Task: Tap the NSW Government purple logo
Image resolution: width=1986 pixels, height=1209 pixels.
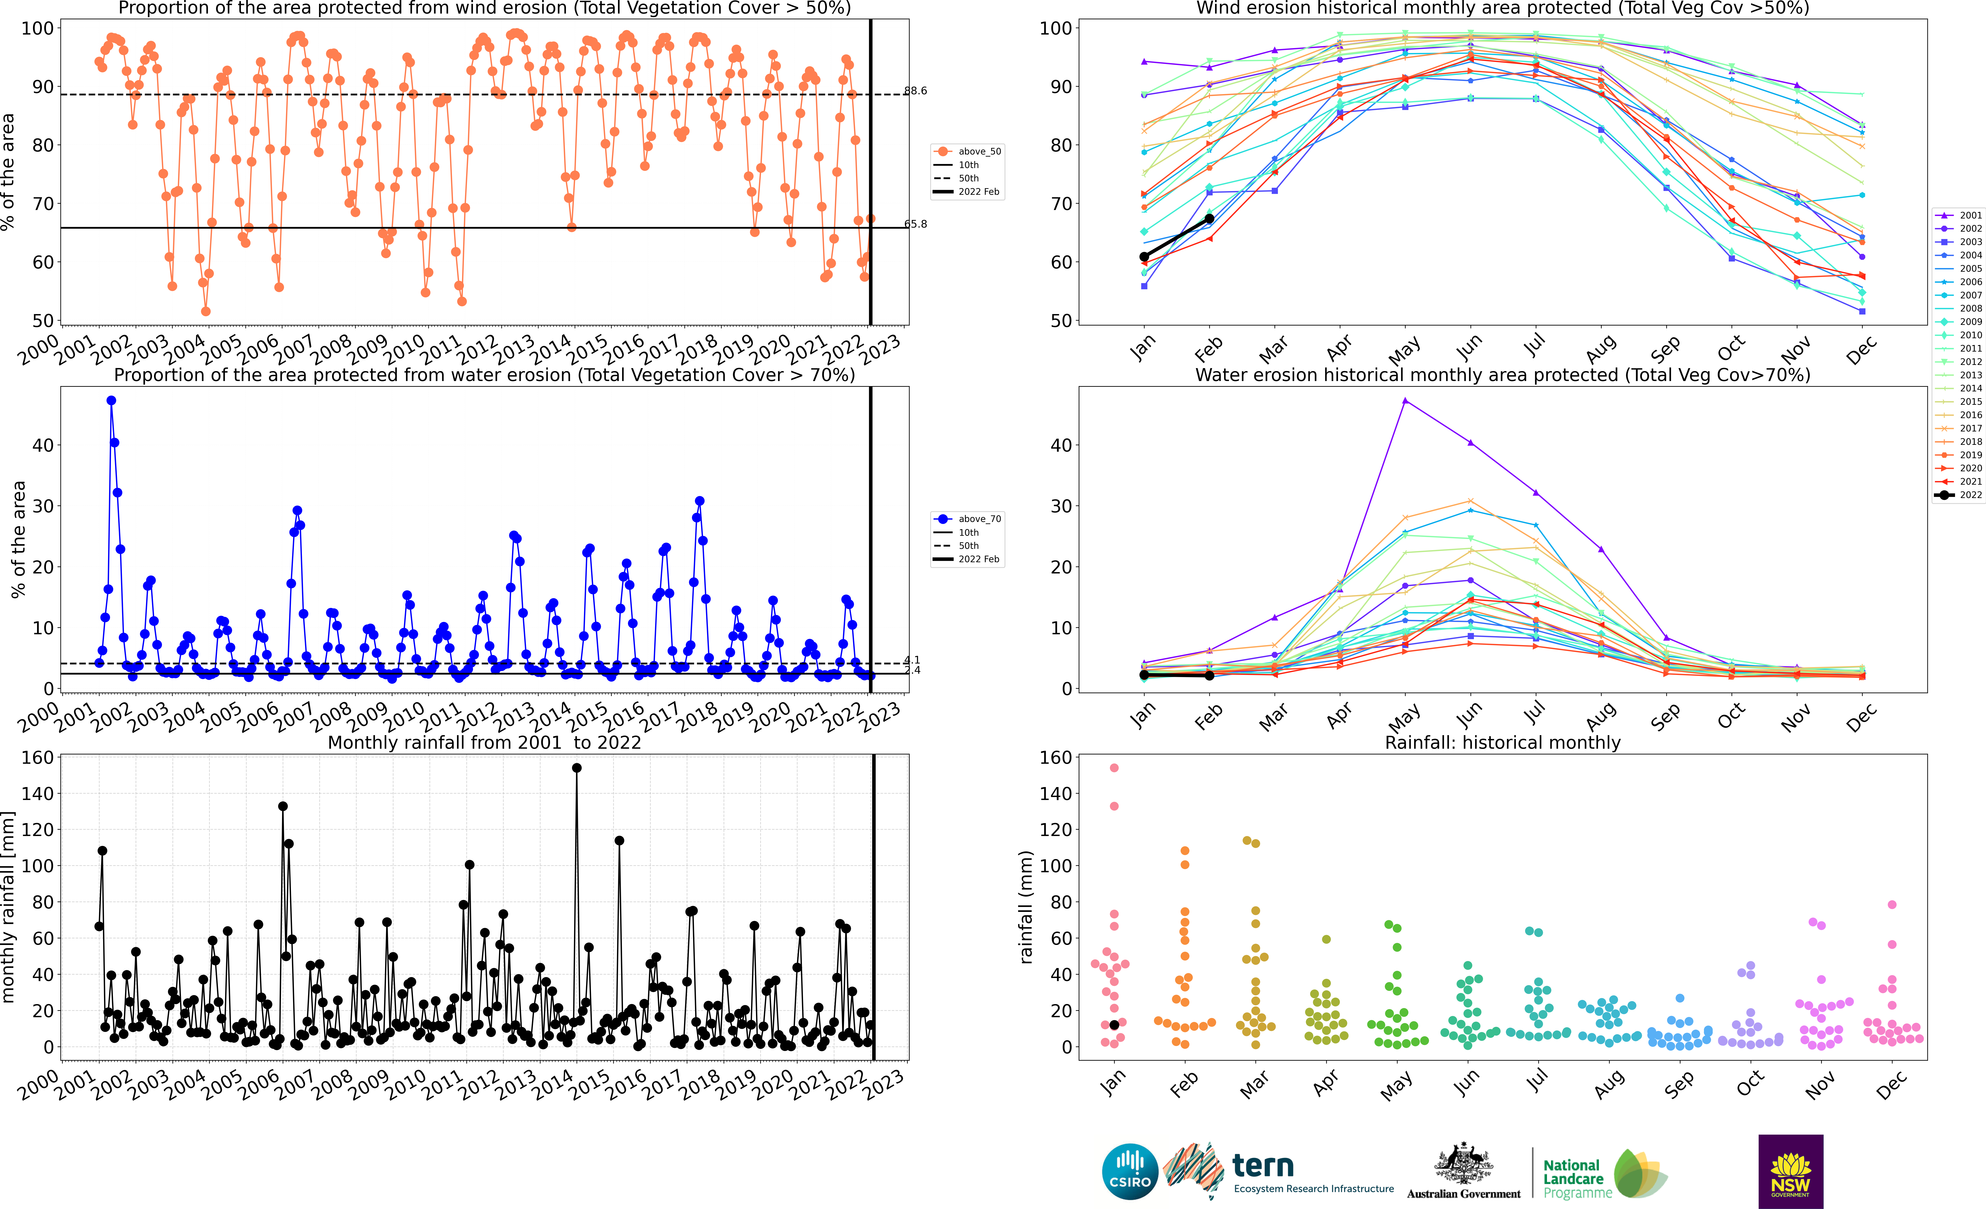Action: coord(1790,1171)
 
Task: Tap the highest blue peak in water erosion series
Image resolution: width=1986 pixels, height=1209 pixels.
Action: coord(111,401)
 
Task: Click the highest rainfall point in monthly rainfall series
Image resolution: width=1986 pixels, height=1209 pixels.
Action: coord(576,768)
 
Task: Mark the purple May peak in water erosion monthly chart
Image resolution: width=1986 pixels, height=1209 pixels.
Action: coord(1405,401)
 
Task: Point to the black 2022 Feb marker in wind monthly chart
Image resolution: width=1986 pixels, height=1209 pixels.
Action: coord(1209,218)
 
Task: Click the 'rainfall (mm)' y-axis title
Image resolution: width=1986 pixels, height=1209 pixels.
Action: coord(1026,907)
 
